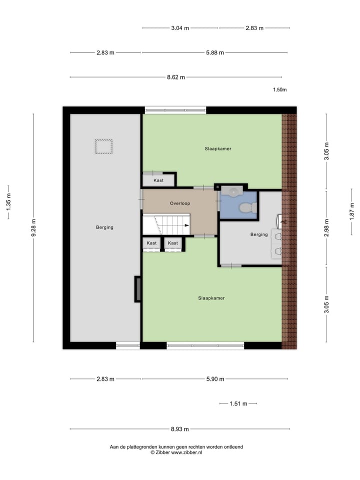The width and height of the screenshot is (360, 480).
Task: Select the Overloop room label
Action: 180,203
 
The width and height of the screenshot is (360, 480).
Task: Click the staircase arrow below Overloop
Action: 186,226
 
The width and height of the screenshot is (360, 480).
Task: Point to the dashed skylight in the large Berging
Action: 104,146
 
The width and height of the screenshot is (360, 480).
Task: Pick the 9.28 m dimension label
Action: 33,228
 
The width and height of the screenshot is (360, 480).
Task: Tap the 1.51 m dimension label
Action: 238,403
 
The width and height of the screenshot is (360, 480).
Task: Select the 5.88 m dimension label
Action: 214,52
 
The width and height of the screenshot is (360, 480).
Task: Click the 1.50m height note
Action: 279,90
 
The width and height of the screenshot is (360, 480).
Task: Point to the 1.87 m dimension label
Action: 352,209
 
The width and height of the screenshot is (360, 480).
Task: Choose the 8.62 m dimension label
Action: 176,77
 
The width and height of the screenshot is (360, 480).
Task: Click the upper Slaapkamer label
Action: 217,148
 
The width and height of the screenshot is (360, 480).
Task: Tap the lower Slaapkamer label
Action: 211,298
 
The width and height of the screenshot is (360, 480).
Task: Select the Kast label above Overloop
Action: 158,180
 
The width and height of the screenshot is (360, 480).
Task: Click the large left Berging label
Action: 105,227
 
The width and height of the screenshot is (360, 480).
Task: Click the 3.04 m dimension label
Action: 180,28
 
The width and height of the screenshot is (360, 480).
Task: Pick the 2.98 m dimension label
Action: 326,228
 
